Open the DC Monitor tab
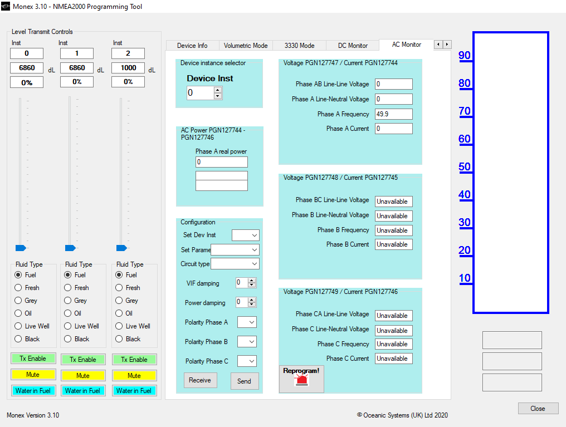pos(353,46)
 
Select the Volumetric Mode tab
pos(246,46)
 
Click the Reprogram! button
pos(301,379)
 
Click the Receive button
pos(200,380)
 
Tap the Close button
pos(538,408)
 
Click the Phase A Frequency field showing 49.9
pos(393,114)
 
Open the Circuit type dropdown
pos(235,264)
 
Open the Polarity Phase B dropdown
pos(247,341)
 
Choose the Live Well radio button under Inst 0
pos(18,326)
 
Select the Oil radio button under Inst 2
pos(119,313)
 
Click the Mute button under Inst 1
pos(83,375)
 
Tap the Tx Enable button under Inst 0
pos(33,359)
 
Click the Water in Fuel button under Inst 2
pos(134,391)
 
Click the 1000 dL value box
pos(128,68)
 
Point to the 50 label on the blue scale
pos(465,167)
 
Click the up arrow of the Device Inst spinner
pos(217,90)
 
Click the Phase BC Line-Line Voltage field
pos(393,201)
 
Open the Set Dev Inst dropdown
pos(246,235)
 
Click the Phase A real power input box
pos(222,162)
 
